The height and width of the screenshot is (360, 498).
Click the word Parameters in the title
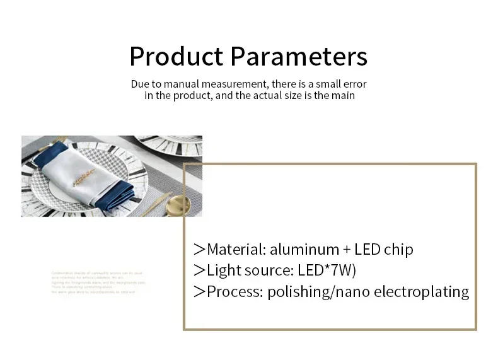coord(298,56)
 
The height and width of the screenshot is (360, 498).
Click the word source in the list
coord(264,270)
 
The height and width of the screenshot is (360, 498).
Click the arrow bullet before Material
coord(200,250)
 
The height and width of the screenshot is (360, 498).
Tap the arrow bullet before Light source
coord(200,270)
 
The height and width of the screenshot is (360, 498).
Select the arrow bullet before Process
coord(200,291)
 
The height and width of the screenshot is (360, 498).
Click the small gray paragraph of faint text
coord(98,282)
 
